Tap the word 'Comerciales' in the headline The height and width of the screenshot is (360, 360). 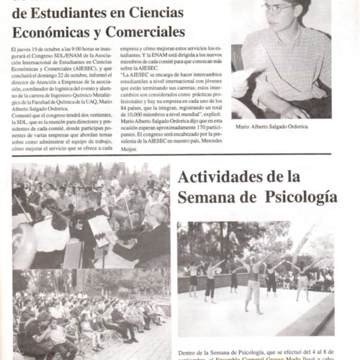(x=141, y=32)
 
